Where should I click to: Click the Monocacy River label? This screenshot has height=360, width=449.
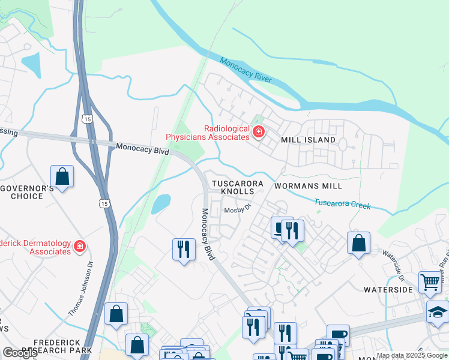point(246,70)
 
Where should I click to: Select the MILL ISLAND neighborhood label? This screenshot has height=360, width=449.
point(309,140)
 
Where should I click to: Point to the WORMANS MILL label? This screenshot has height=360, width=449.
point(304,186)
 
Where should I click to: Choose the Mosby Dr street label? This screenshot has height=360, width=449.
point(237,211)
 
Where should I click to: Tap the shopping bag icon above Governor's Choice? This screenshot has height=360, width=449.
point(62,176)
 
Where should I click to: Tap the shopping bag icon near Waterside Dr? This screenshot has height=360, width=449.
point(358,243)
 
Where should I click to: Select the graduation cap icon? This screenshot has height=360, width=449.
point(437,312)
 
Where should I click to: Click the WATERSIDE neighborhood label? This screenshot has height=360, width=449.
point(388,289)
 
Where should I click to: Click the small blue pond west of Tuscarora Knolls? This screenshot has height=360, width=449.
point(160,205)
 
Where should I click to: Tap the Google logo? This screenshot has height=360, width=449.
point(20,352)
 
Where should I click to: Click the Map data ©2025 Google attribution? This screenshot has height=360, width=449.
point(412,355)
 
